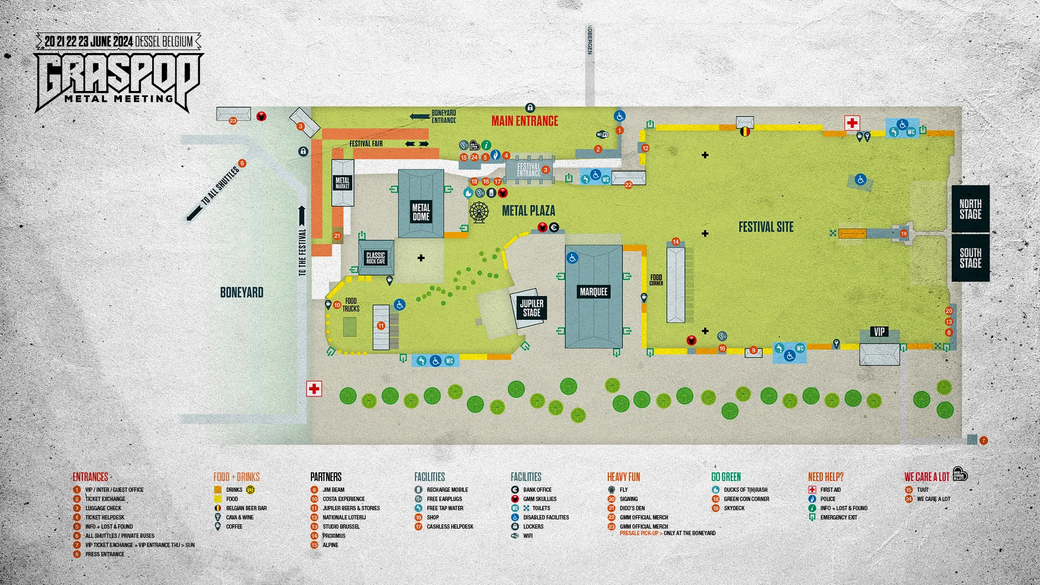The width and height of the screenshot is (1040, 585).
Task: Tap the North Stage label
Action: pyautogui.click(x=970, y=209)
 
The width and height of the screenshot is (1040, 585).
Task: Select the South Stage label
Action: pyautogui.click(x=970, y=258)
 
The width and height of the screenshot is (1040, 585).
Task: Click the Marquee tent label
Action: pyautogui.click(x=594, y=292)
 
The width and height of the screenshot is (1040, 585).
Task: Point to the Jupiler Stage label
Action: pyautogui.click(x=531, y=308)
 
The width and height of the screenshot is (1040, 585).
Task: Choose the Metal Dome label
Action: pyautogui.click(x=421, y=212)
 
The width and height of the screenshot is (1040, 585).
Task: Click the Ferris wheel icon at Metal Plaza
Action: pyautogui.click(x=479, y=212)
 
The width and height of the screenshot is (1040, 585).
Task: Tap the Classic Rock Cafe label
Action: pyautogui.click(x=375, y=258)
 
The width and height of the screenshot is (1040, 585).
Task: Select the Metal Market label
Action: pyautogui.click(x=342, y=183)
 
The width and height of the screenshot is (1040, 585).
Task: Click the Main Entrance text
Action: pyautogui.click(x=524, y=121)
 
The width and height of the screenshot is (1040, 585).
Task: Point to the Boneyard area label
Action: pyautogui.click(x=242, y=292)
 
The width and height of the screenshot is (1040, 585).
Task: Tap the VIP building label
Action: pyautogui.click(x=879, y=331)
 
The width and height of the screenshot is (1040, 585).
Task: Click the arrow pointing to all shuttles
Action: pyautogui.click(x=193, y=213)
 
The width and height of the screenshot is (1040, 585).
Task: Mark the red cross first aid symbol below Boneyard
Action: pyautogui.click(x=314, y=388)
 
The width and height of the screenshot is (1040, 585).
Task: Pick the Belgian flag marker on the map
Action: pyautogui.click(x=745, y=131)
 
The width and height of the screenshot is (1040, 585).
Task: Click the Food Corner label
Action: pyautogui.click(x=656, y=279)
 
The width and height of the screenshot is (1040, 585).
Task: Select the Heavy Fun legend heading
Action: pyautogui.click(x=623, y=477)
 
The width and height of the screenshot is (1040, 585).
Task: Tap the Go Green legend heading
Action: pyautogui.click(x=726, y=477)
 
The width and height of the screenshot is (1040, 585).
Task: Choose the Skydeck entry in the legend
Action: pyautogui.click(x=734, y=508)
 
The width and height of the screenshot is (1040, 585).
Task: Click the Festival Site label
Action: pyautogui.click(x=766, y=227)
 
